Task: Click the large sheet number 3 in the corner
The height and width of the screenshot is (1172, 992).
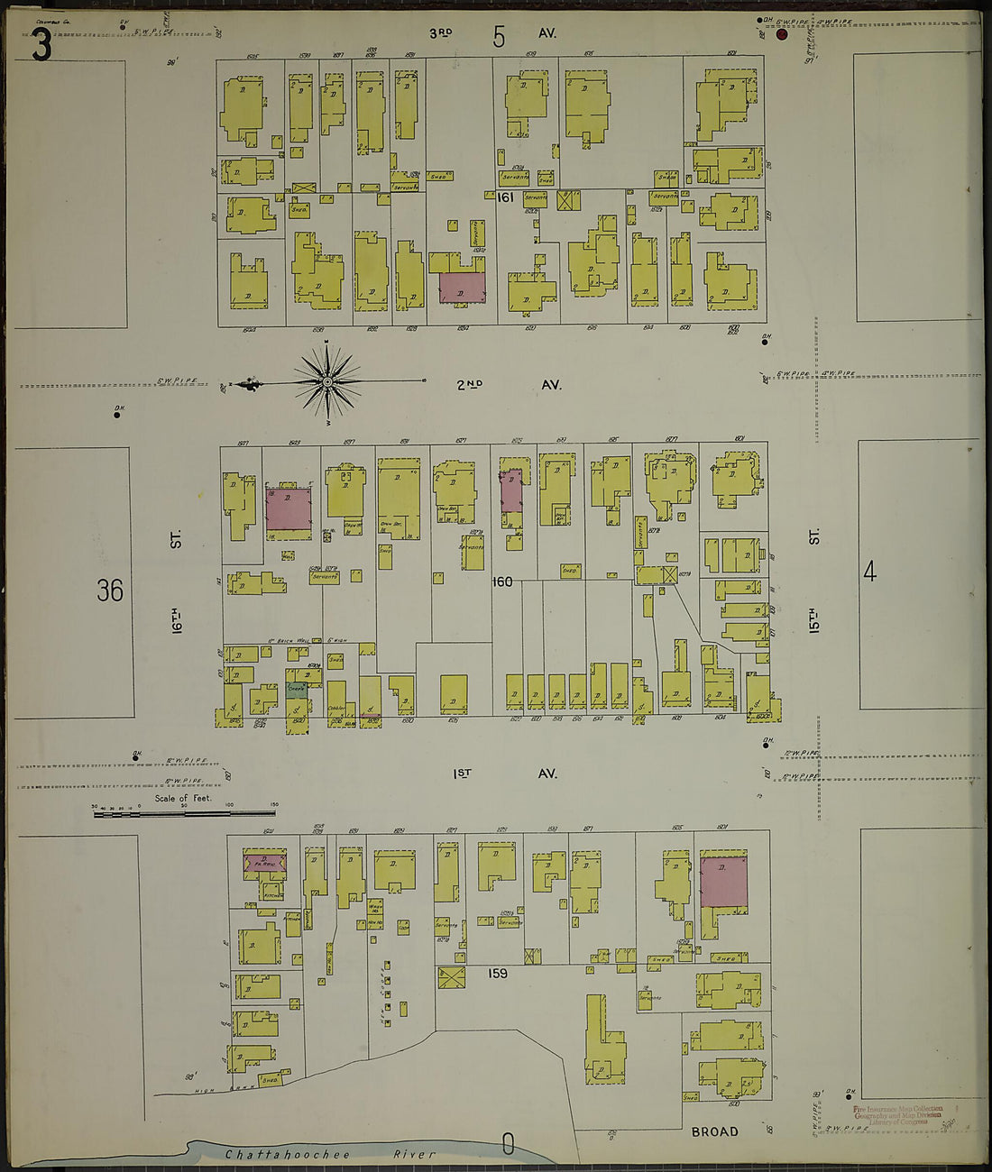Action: coord(41,45)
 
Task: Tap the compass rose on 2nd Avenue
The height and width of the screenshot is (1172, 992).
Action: coord(327,383)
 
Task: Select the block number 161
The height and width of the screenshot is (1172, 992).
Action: coord(505,196)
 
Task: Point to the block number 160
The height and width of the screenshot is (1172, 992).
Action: coord(502,581)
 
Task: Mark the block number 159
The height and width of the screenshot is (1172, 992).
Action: coord(498,974)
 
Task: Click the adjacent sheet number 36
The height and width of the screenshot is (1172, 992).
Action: coord(110,591)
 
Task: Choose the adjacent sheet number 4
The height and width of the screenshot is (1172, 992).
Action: coord(869,572)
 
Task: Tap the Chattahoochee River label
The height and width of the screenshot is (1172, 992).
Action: coord(330,1154)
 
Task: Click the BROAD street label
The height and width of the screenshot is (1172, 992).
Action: coord(714,1131)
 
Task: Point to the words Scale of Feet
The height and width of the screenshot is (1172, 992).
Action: coord(183,798)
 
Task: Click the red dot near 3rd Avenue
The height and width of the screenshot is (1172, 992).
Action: coord(782,35)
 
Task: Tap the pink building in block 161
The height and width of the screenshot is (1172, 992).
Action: coord(462,287)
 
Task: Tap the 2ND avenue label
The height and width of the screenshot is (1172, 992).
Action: coord(469,385)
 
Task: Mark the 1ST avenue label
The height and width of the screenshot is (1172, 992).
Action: coord(464,774)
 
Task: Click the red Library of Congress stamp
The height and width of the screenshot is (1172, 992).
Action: coord(896,1114)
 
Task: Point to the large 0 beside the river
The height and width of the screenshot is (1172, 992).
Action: coord(508,1144)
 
